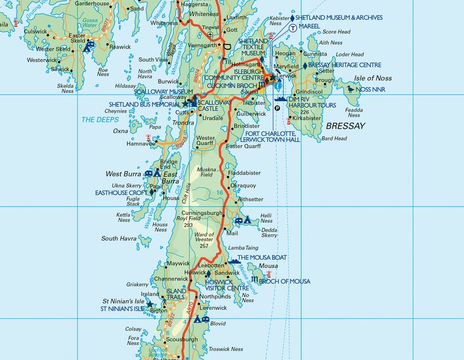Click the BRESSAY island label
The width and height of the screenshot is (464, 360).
coord(345,125)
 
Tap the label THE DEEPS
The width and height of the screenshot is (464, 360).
coord(100,120)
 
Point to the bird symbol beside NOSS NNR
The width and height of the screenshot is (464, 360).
coord(349,89)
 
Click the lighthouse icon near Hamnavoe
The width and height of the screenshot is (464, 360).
coord(148,139)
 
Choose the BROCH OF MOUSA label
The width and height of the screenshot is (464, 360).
coord(284,281)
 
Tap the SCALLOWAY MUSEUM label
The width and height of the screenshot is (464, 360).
coord(164,91)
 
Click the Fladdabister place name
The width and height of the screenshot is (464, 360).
coord(244,172)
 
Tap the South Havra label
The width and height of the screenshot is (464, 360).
coord(119,238)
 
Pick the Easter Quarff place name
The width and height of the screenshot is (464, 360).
coord(243,146)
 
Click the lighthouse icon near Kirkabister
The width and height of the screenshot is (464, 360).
coord(288,120)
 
